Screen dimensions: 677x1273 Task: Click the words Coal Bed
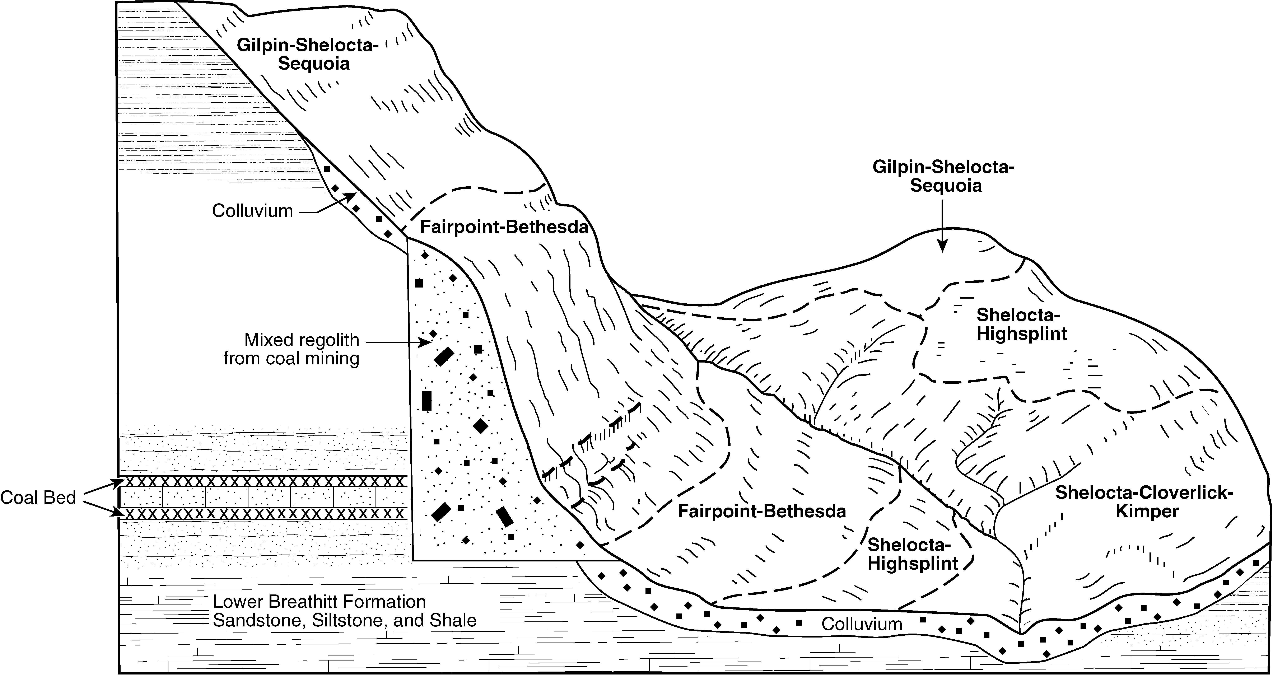click(x=38, y=498)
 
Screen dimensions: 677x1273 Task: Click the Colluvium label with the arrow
click(x=252, y=211)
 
